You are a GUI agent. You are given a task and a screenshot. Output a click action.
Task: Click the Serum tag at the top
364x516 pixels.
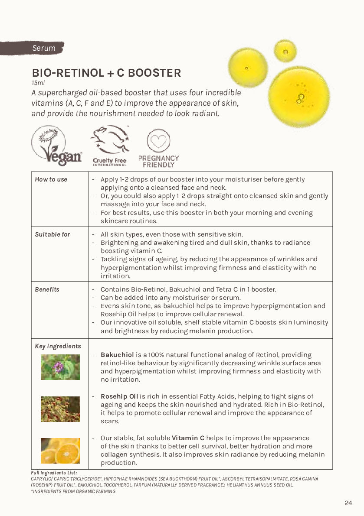[43, 48]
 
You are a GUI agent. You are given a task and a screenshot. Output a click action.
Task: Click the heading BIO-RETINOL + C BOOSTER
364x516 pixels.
[106, 73]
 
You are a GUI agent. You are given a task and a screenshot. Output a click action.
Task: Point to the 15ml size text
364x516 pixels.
[38, 83]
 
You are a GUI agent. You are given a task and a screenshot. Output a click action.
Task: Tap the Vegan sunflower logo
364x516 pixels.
[56, 146]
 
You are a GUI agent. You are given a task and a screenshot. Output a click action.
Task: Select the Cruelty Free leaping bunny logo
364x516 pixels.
[110, 146]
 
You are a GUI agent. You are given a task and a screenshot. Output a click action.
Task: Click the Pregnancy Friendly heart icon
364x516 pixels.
[158, 141]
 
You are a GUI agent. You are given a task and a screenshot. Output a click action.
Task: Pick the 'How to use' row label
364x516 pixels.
[51, 179]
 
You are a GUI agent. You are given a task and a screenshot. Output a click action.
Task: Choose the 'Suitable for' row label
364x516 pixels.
[52, 234]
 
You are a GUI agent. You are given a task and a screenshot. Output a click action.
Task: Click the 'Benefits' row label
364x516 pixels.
[47, 289]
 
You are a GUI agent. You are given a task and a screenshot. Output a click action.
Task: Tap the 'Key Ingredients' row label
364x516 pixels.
[58, 346]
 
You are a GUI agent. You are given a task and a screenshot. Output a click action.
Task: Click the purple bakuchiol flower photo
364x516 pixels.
[60, 367]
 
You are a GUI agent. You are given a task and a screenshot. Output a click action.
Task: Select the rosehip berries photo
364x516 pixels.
[60, 409]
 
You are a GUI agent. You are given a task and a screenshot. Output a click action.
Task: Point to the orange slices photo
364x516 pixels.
[60, 451]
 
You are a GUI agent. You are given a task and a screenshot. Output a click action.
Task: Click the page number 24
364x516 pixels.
[348, 503]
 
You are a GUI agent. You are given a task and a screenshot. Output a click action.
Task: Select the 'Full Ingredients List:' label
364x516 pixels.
[54, 472]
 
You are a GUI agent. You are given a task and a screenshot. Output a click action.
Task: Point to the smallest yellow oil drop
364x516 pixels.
[285, 51]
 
